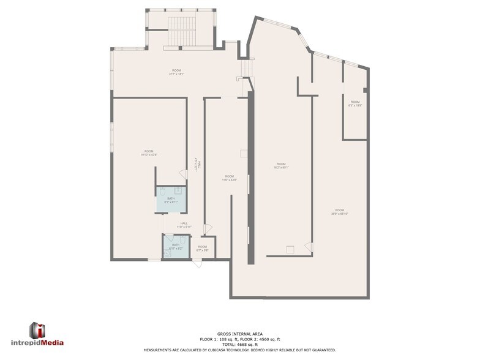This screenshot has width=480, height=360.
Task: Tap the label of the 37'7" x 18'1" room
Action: [176, 72]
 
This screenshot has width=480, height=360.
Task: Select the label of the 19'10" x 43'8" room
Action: [149, 153]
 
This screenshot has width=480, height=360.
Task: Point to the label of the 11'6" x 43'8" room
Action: [229, 178]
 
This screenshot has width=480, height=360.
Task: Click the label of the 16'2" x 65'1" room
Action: [281, 165]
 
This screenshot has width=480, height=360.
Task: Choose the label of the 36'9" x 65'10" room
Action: [339, 212]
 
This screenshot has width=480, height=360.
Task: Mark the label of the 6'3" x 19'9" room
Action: [355, 103]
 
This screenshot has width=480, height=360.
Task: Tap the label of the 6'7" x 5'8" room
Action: [202, 248]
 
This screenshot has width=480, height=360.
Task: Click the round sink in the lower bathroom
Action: [166, 252]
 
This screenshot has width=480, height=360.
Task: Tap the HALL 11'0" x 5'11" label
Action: [184, 225]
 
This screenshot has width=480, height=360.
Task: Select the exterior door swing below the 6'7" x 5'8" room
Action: [197, 263]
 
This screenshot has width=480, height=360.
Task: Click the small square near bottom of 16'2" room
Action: [290, 249]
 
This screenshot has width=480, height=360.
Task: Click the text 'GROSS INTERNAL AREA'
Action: [239, 334]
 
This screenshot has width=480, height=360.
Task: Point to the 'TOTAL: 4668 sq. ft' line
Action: [239, 345]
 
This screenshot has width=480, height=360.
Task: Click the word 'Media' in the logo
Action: [52, 343]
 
